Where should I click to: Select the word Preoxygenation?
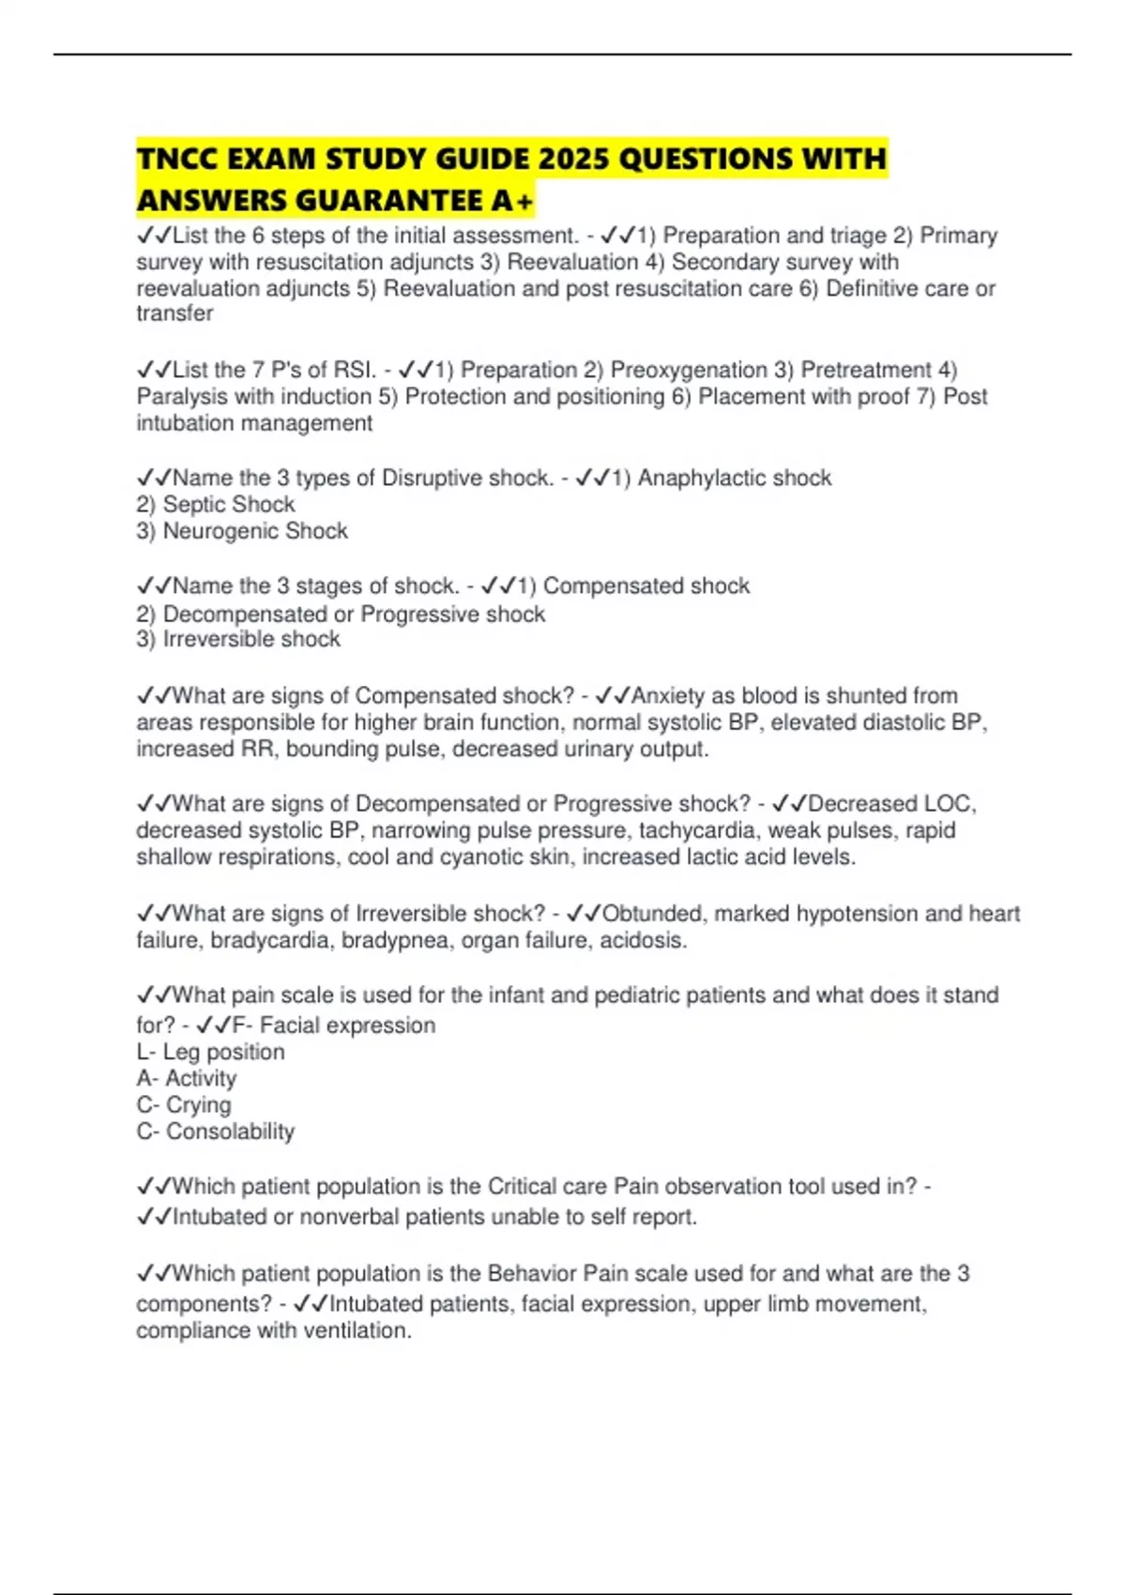(689, 370)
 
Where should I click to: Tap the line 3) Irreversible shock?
(238, 639)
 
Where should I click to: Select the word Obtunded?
(654, 913)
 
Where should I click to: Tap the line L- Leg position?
(210, 1052)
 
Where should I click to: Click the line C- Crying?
(184, 1104)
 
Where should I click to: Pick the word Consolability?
(230, 1132)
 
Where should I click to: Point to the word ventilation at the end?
(358, 1330)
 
